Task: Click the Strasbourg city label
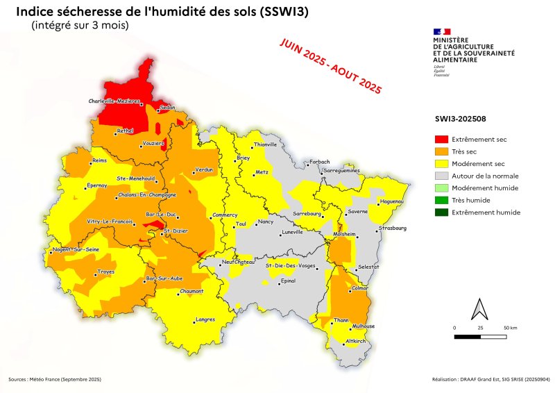point(393,228)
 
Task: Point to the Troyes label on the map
point(105,271)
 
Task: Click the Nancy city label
point(266,222)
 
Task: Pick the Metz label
point(262,172)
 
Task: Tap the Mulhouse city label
point(364,326)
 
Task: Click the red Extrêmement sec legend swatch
point(440,140)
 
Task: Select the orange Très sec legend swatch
point(440,151)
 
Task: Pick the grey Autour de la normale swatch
point(440,176)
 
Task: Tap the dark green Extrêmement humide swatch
point(440,212)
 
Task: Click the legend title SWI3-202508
point(456,119)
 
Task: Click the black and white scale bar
point(479,336)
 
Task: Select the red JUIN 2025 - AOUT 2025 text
point(330,66)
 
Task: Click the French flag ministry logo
point(442,31)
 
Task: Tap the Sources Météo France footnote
point(55,379)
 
